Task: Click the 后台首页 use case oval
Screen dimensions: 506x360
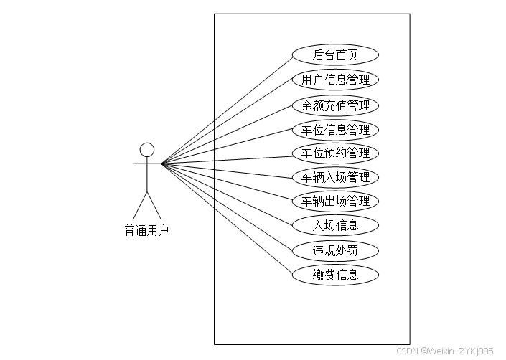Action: (x=335, y=55)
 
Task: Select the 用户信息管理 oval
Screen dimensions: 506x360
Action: (x=335, y=79)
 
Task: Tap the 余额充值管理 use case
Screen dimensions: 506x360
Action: (x=335, y=105)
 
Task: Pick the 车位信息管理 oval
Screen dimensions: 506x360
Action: (x=335, y=130)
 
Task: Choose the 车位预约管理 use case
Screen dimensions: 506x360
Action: (x=335, y=153)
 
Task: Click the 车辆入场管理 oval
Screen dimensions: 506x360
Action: (x=335, y=177)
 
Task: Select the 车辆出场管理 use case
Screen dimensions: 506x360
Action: (x=335, y=201)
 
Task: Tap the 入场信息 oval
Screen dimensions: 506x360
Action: (x=335, y=225)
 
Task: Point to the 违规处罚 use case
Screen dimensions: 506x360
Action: (x=335, y=250)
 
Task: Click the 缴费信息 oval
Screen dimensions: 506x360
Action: (x=335, y=274)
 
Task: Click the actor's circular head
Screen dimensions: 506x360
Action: (x=147, y=149)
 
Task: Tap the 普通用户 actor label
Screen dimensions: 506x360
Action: (x=146, y=230)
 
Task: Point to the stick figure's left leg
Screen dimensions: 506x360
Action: (x=140, y=204)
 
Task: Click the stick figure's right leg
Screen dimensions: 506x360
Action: (x=154, y=204)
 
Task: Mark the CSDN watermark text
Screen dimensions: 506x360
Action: (x=444, y=351)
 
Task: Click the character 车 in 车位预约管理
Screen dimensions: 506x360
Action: (x=307, y=153)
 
